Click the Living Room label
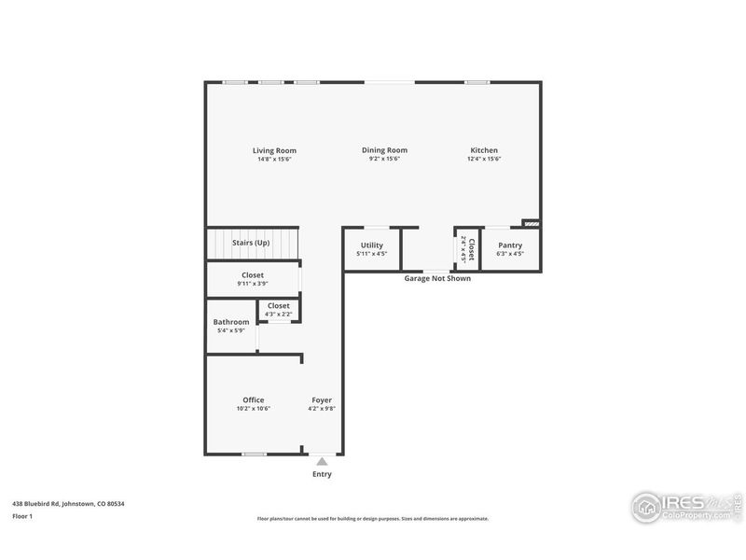(x=274, y=150)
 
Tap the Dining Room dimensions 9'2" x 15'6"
(x=384, y=159)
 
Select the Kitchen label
(x=484, y=150)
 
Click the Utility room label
(x=371, y=245)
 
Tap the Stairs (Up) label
(x=251, y=243)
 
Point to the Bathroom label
(x=231, y=322)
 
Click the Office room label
(x=254, y=400)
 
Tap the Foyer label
(x=322, y=400)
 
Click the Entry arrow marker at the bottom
(x=322, y=460)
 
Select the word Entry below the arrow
(x=322, y=474)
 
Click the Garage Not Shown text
(x=436, y=278)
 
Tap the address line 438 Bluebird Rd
(x=68, y=504)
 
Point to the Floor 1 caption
(x=22, y=515)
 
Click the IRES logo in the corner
(x=685, y=507)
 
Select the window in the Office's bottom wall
(x=254, y=455)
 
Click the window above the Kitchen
(x=477, y=82)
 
